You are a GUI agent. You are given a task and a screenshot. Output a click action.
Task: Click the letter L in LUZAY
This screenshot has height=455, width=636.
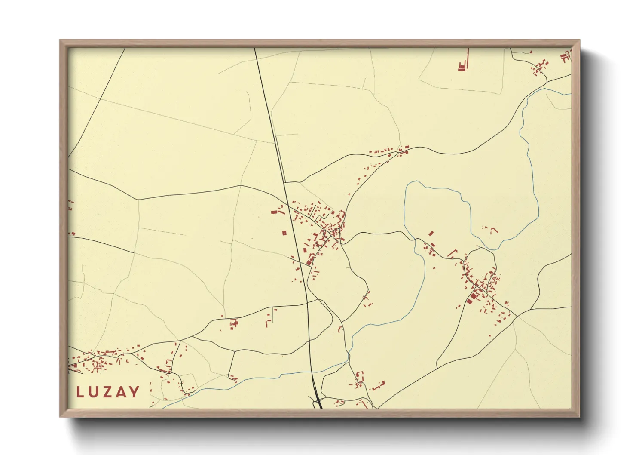pos(80,392)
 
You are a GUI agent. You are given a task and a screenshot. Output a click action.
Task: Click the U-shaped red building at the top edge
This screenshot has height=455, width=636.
pos(462,67)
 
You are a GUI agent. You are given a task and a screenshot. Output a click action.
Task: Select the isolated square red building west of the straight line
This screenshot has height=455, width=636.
pos(284,233)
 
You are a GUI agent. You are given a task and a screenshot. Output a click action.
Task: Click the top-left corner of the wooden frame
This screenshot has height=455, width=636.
pos(60,40)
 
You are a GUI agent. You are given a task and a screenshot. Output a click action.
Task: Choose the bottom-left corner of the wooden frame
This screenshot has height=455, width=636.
pos(60,416)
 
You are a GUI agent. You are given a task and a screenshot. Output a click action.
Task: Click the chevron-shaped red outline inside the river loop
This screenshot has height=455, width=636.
pos(494,230)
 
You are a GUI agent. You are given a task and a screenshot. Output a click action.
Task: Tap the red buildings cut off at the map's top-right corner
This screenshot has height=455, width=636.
pos(566,56)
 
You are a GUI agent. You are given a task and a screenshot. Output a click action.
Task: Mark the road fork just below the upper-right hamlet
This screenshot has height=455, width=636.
pos(547,80)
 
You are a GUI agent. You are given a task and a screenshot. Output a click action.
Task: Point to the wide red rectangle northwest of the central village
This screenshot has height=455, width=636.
pos(274,212)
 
